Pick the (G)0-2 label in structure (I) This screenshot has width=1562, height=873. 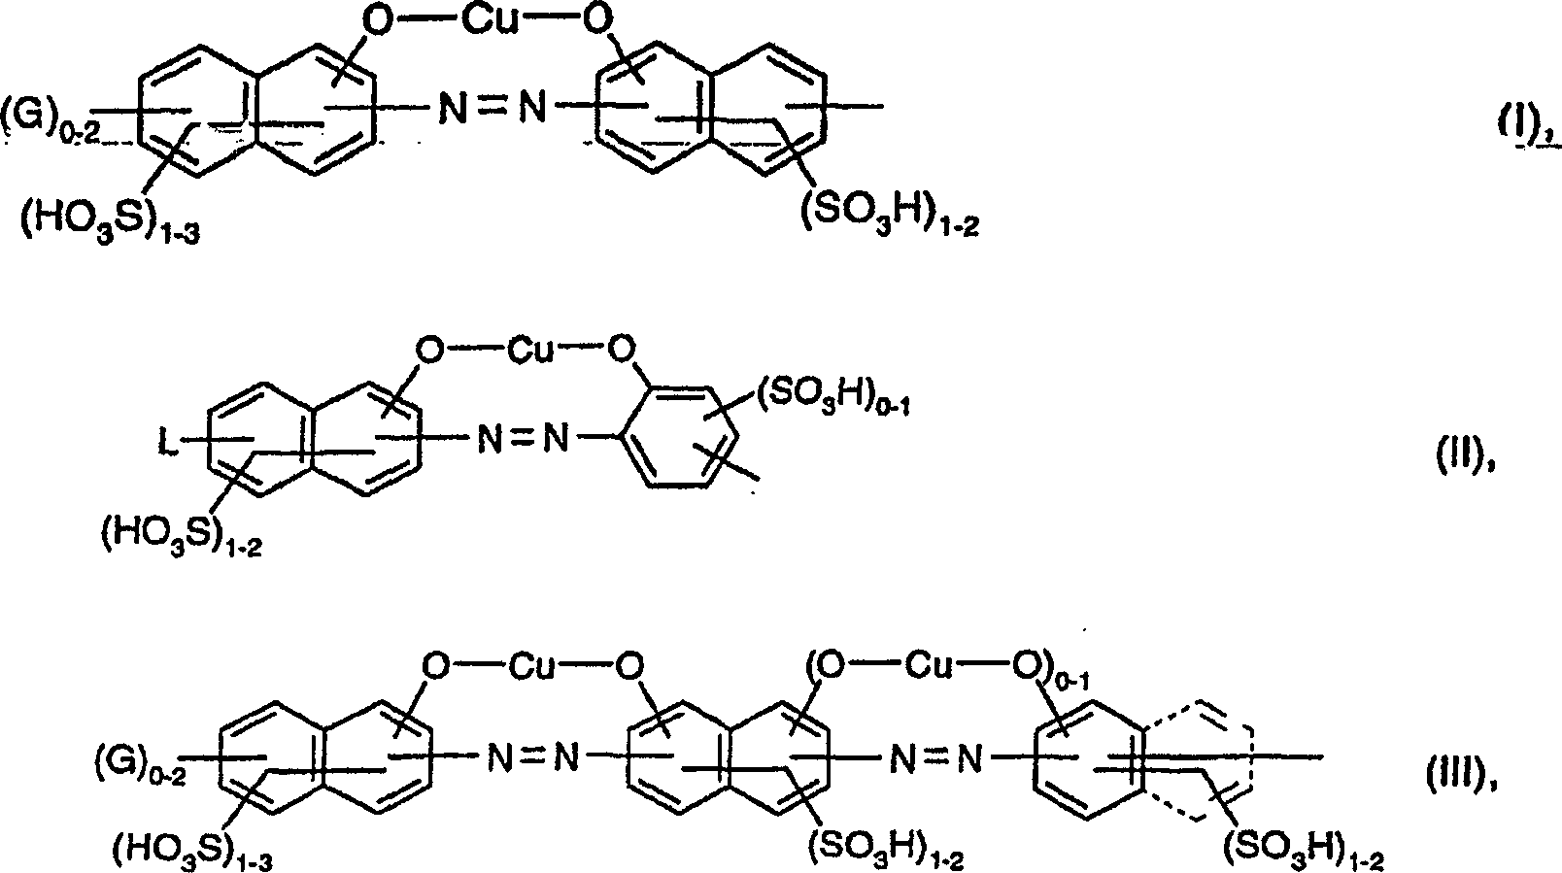pos(49,114)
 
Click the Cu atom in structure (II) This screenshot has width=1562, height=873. pos(530,350)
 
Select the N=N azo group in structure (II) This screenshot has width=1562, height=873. pos(521,440)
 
